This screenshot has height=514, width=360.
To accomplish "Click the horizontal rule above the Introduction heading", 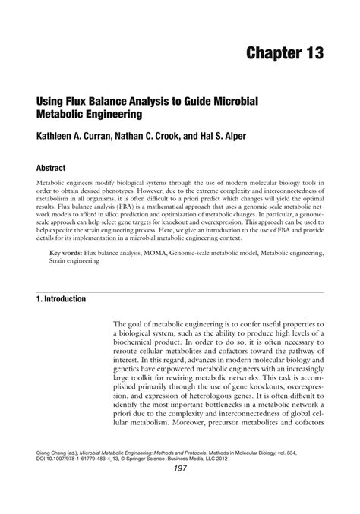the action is point(180,291).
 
